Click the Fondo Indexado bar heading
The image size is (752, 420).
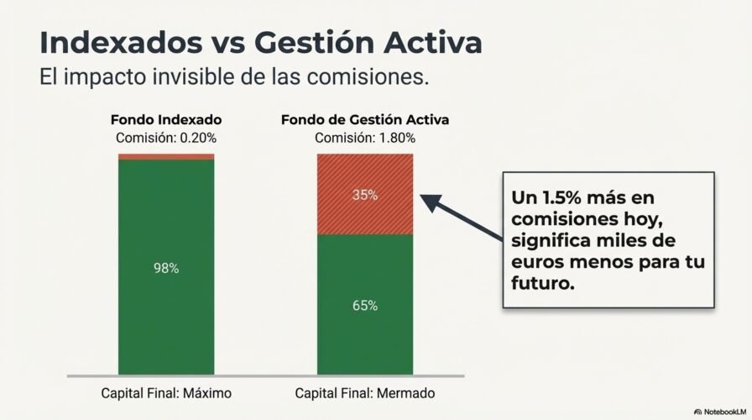[x=166, y=120]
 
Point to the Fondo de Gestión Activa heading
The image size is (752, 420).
[x=364, y=120]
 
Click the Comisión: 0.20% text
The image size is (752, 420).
[x=166, y=138]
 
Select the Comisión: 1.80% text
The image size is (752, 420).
[x=364, y=138]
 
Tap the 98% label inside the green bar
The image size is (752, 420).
[x=166, y=268]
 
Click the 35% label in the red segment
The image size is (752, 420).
[x=364, y=195]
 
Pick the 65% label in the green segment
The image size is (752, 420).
[x=364, y=306]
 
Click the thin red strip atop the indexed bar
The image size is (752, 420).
[x=166, y=157]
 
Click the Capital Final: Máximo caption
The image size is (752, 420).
[x=166, y=393]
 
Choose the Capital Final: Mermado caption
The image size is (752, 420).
[x=365, y=393]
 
